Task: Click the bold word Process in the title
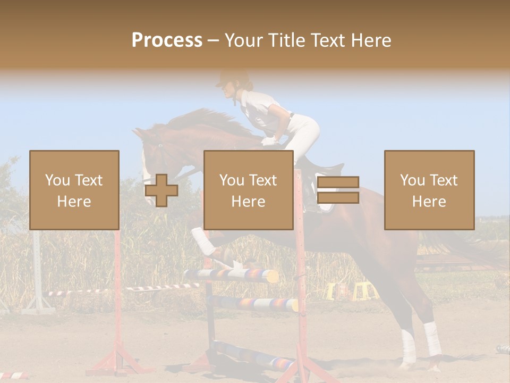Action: tap(167, 40)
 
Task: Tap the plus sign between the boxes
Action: tap(161, 190)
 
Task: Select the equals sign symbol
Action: tap(338, 190)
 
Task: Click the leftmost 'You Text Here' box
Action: tap(74, 190)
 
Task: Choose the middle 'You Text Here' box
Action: tap(248, 190)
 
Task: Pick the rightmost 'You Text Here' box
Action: tap(429, 190)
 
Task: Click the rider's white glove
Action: tap(270, 141)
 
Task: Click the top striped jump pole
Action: tap(231, 275)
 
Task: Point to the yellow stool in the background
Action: tap(362, 291)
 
